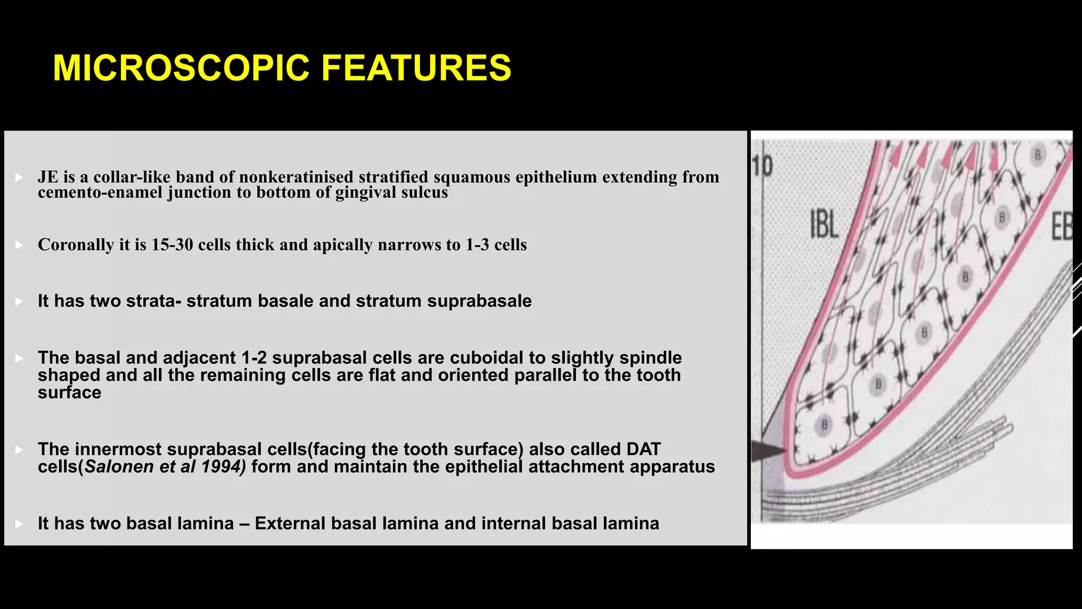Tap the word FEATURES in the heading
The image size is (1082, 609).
pyautogui.click(x=416, y=68)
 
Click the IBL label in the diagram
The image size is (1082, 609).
pyautogui.click(x=824, y=224)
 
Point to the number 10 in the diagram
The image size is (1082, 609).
pyautogui.click(x=763, y=166)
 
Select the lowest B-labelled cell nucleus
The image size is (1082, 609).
pyautogui.click(x=824, y=425)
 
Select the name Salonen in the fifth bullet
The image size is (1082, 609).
pyautogui.click(x=114, y=467)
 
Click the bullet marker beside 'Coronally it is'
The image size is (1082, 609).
pyautogui.click(x=19, y=245)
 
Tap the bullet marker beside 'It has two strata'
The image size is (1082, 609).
pyautogui.click(x=19, y=302)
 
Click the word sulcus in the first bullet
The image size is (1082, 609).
pyautogui.click(x=424, y=192)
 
